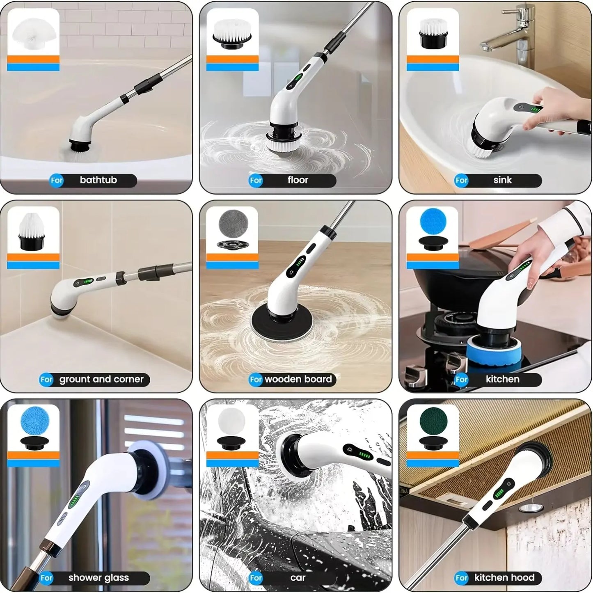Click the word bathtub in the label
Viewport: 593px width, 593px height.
(x=98, y=180)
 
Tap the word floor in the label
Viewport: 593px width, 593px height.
(x=298, y=180)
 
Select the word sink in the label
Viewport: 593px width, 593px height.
(x=502, y=180)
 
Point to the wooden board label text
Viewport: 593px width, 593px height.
(x=298, y=379)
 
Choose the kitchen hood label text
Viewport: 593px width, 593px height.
(x=504, y=578)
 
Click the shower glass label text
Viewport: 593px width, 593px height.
(x=98, y=578)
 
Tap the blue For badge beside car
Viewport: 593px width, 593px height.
(x=256, y=578)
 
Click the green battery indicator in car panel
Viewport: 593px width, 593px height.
(x=364, y=455)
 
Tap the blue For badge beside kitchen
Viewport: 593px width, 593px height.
(x=461, y=380)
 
